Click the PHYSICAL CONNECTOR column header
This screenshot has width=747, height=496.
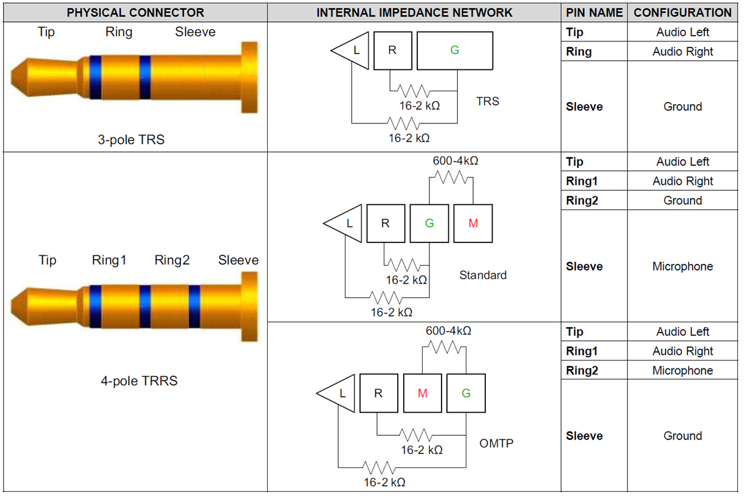tap(135, 12)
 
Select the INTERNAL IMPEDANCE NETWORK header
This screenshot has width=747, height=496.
tap(414, 12)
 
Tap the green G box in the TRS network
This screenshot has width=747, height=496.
tap(454, 50)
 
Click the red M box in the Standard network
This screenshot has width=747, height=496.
tap(473, 224)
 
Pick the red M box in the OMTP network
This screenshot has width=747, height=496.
tap(423, 393)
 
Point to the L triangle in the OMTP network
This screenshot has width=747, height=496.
tap(338, 393)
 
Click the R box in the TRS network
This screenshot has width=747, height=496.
tap(392, 50)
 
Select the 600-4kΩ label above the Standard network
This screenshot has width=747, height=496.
tap(455, 161)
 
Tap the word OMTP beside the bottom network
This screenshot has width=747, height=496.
tap(496, 443)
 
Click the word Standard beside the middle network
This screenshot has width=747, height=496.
tap(482, 275)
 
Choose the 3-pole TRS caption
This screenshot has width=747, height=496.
tap(131, 139)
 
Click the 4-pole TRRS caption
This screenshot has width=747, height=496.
tap(139, 381)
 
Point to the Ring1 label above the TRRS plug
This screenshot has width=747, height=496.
tap(109, 260)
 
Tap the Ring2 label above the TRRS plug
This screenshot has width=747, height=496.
tap(172, 260)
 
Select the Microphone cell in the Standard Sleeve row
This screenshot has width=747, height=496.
tap(682, 266)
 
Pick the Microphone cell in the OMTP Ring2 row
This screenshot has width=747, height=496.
tap(682, 370)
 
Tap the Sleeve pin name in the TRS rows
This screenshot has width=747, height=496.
tap(584, 106)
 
